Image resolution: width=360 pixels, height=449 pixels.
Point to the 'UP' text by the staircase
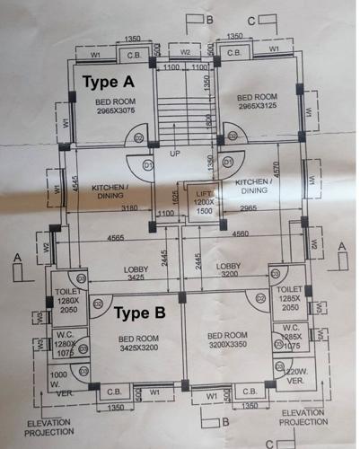175,154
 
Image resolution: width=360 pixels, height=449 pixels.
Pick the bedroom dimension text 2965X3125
257,105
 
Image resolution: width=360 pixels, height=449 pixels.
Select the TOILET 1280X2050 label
68,300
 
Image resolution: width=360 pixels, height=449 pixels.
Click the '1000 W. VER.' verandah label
59,381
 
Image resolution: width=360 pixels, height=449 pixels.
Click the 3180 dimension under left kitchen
129,209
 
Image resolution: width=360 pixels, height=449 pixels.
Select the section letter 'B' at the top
208,18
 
